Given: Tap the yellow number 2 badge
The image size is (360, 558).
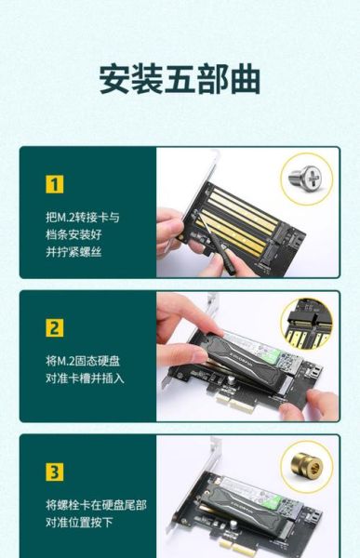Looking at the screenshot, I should tap(55, 328).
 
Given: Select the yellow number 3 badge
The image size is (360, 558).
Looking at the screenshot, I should tap(55, 472).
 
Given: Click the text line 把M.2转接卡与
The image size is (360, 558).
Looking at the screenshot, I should tap(83, 216).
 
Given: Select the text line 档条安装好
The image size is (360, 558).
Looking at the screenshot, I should tap(76, 232).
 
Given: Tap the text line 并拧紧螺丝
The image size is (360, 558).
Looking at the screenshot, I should tap(76, 249).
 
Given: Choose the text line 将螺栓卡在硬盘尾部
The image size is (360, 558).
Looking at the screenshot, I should tap(96, 504).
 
